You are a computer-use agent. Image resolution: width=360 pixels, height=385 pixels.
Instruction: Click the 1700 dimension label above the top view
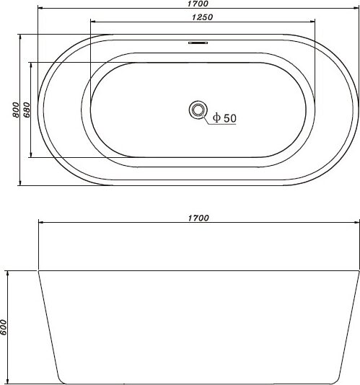(x=198, y=4)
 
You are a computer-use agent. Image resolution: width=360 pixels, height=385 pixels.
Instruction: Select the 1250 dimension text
(x=202, y=17)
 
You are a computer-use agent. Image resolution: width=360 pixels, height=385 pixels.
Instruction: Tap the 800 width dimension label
(x=15, y=110)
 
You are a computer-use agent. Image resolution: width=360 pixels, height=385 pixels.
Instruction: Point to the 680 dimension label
(x=27, y=110)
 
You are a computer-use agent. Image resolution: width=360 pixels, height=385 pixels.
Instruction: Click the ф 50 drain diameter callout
(x=224, y=118)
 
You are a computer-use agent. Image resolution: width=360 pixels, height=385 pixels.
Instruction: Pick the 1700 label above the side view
(x=198, y=218)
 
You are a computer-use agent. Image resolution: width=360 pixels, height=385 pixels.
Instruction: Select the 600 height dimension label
(x=4, y=327)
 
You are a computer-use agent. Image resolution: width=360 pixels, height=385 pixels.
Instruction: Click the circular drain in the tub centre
(x=198, y=110)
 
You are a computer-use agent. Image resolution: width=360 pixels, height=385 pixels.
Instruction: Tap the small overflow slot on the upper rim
(x=198, y=43)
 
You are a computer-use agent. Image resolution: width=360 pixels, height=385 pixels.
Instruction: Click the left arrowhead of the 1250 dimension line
(x=93, y=22)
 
